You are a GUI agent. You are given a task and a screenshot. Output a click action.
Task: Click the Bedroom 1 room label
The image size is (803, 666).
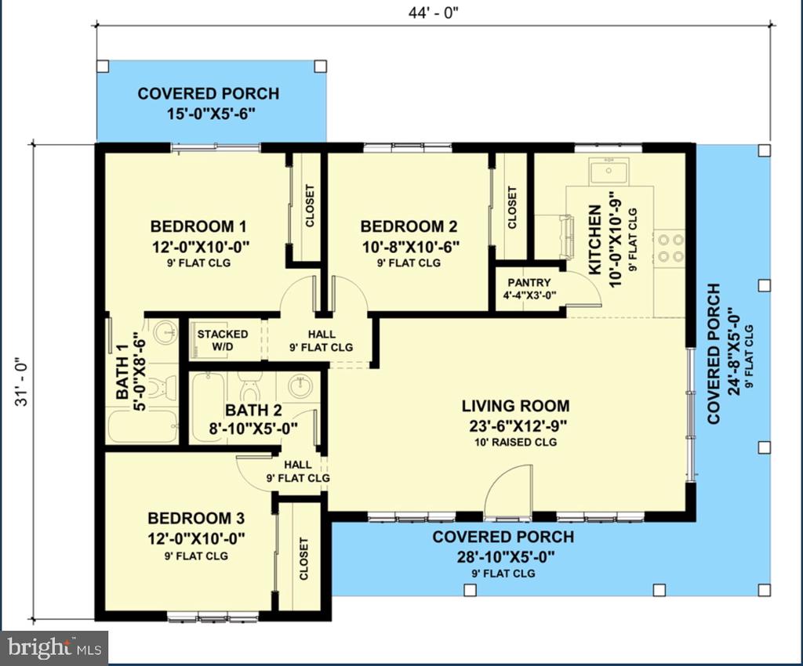pyautogui.click(x=198, y=226)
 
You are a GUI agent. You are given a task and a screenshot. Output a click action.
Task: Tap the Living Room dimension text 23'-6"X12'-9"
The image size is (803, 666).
pyautogui.click(x=516, y=425)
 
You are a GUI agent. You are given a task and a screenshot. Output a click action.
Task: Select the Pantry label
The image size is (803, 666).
pyautogui.click(x=529, y=282)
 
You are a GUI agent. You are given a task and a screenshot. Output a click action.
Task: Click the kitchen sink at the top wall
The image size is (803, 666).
pyautogui.click(x=609, y=171)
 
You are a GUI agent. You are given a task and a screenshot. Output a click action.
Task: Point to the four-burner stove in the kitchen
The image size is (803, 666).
pyautogui.click(x=670, y=248)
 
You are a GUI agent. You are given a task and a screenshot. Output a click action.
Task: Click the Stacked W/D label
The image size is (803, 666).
pyautogui.click(x=223, y=341)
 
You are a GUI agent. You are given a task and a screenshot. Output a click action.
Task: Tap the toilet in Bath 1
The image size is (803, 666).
pyautogui.click(x=166, y=386)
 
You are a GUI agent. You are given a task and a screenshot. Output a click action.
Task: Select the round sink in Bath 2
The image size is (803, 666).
pyautogui.click(x=300, y=387)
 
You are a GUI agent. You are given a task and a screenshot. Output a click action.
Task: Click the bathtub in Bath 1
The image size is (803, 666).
pyautogui.click(x=143, y=428)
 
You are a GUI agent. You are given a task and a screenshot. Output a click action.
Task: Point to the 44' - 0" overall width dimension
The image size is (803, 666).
pyautogui.click(x=433, y=13)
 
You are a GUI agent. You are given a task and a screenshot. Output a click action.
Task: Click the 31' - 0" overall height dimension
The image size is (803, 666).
pyautogui.click(x=21, y=381)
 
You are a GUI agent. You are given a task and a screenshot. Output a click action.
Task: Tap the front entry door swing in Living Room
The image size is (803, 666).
pyautogui.click(x=507, y=491)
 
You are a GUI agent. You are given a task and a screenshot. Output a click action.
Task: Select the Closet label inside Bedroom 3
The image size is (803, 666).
pyautogui.click(x=303, y=559)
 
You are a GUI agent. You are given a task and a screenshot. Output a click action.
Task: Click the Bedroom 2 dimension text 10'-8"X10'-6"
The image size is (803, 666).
pyautogui.click(x=410, y=247)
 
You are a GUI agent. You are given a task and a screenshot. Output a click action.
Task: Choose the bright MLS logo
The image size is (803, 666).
pyautogui.click(x=54, y=647)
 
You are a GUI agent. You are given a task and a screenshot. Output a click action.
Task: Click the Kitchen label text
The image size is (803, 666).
pyautogui.click(x=594, y=240)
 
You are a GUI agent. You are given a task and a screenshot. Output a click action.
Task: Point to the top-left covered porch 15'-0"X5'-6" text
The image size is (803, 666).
pyautogui.click(x=211, y=113)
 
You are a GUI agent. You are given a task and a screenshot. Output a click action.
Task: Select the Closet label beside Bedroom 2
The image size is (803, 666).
pyautogui.click(x=512, y=207)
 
